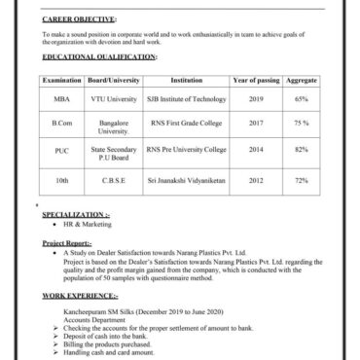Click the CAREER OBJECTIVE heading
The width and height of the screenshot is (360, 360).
[x=80, y=18]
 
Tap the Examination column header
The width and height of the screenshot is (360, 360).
[x=61, y=81]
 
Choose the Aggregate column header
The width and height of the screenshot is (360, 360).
[x=302, y=81]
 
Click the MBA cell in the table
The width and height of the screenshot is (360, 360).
[x=61, y=99]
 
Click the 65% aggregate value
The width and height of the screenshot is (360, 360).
[x=302, y=99]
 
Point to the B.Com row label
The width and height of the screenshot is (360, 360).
[x=61, y=124]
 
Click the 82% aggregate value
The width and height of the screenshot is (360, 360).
[x=302, y=150]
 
